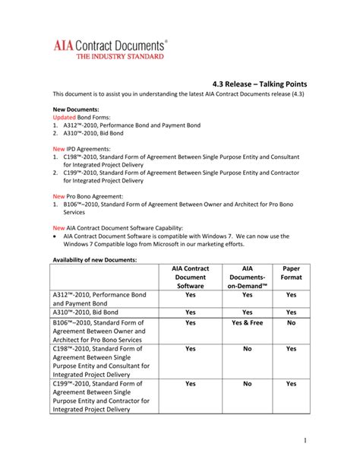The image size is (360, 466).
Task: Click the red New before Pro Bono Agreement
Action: click(x=58, y=196)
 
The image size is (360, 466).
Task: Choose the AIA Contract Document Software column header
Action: click(x=190, y=277)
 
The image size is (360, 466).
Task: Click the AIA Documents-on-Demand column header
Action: click(x=248, y=277)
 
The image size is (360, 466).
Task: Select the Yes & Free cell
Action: click(x=248, y=322)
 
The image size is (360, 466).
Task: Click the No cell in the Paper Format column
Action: click(x=291, y=322)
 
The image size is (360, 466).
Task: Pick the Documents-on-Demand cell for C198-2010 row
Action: click(x=248, y=348)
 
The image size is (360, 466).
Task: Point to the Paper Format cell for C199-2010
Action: click(x=291, y=384)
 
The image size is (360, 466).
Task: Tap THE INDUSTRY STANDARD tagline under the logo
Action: click(x=112, y=55)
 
